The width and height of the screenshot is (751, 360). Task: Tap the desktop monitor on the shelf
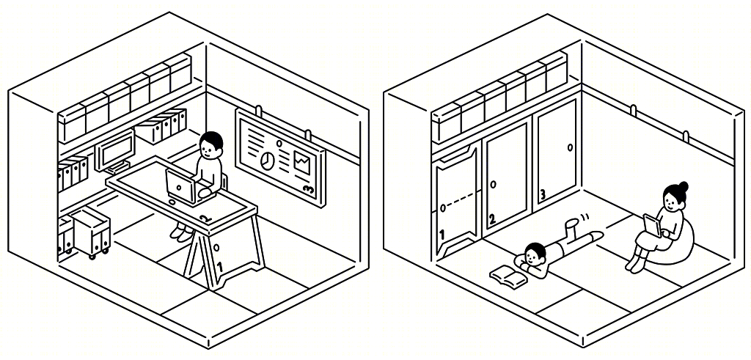[115, 150]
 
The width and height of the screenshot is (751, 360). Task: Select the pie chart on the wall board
[267, 160]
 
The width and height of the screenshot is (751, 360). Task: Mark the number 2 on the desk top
[206, 218]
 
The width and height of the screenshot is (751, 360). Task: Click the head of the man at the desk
[210, 146]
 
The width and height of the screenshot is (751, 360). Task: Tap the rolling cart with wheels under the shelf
[90, 233]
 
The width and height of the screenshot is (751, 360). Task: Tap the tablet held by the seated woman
[651, 225]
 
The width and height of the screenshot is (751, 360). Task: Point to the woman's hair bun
[683, 185]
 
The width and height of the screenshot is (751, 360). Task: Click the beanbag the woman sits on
[679, 244]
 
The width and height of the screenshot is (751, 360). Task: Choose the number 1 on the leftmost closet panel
[442, 235]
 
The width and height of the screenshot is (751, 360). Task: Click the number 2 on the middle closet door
[492, 220]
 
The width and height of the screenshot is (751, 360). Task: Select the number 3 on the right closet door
[543, 194]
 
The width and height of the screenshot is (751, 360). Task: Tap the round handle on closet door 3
[571, 147]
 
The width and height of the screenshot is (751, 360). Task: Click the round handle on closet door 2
[494, 184]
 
